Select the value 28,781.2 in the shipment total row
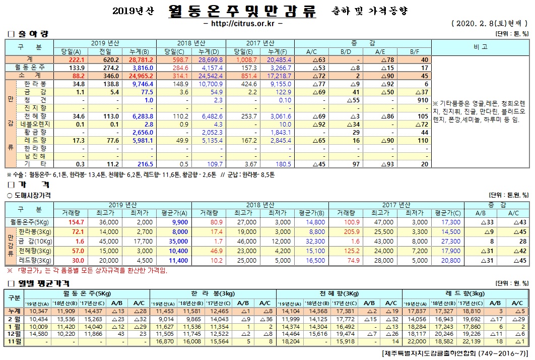coord(142,59)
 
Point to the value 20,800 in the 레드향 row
coord(449,261)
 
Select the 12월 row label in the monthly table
coord(14,333)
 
